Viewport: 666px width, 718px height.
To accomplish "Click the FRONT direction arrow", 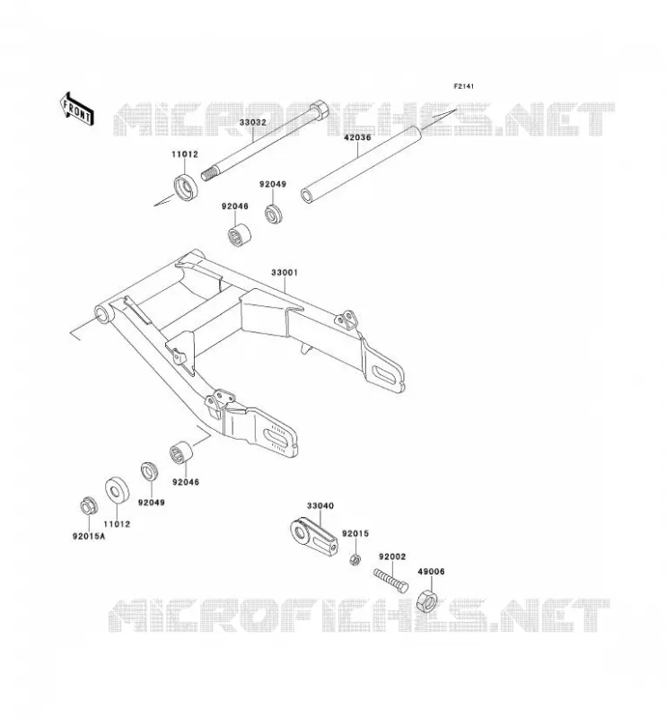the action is click(77, 109).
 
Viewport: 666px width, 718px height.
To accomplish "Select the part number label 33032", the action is click(252, 123).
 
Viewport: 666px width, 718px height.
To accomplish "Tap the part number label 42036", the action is click(357, 137).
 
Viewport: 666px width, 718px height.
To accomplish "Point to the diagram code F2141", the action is click(463, 86).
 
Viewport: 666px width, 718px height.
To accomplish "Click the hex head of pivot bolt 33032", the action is click(320, 110).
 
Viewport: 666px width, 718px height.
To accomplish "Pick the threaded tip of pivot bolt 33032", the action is click(207, 174).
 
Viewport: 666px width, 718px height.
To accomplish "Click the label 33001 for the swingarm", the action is click(285, 273).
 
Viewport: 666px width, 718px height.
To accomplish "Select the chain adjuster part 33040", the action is click(314, 538).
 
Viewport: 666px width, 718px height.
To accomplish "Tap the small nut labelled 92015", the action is click(354, 559).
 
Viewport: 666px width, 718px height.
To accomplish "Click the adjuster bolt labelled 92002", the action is click(390, 580).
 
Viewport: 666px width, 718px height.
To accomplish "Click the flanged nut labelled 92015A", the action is click(87, 505).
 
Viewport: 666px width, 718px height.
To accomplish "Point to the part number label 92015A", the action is click(88, 536).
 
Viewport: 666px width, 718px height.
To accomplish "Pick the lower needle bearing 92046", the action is click(181, 452).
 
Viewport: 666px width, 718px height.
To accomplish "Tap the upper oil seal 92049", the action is click(275, 213).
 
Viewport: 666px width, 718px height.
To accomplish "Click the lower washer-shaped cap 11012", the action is click(117, 490).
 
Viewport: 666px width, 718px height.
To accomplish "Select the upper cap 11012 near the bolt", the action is click(186, 188).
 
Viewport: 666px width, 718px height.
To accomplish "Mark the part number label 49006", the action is click(431, 572).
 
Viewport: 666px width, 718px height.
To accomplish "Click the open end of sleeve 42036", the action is click(307, 195).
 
